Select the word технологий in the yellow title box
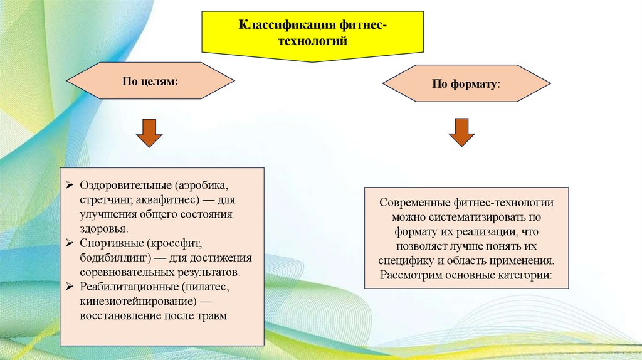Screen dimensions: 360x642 pos(312,39)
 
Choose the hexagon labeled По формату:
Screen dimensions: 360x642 pos(466,83)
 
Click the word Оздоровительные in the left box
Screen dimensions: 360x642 pos(125,186)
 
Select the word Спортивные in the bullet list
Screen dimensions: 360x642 pos(104,243)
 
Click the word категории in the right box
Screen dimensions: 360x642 pos(527,275)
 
